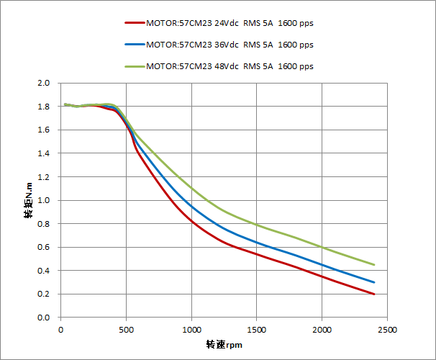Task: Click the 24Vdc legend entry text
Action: [229, 23]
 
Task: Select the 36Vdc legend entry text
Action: [229, 45]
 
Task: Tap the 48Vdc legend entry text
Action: [229, 66]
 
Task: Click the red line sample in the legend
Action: [134, 23]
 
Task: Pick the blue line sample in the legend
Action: [134, 45]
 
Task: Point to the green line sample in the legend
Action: [134, 66]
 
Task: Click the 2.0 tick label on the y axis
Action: [43, 84]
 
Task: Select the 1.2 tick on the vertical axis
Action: [43, 177]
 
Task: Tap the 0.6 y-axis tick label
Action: [43, 248]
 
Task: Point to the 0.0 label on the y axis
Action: [43, 318]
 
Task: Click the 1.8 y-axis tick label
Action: [43, 107]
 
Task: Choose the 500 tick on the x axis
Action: [126, 329]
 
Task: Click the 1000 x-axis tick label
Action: [191, 329]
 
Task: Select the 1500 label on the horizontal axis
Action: [257, 329]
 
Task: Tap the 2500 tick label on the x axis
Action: [387, 329]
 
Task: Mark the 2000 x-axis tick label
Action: [322, 329]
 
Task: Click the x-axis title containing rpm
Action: [223, 344]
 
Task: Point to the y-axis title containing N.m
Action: [28, 200]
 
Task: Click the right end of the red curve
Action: [374, 294]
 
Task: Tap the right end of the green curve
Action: [374, 265]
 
